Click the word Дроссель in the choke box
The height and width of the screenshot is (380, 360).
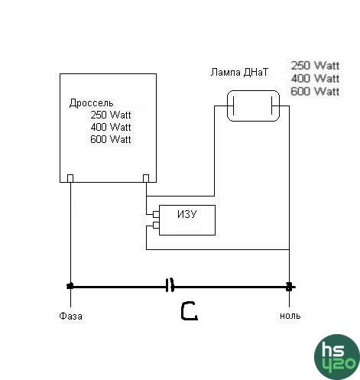pos(91,103)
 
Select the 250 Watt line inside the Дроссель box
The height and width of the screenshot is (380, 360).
pos(111,115)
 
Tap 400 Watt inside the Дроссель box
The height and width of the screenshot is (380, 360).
pos(111,127)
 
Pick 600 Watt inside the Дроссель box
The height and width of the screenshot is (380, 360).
pos(111,139)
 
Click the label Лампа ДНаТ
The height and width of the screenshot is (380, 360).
pos(239,72)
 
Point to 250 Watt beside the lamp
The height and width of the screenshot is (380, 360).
pos(315,66)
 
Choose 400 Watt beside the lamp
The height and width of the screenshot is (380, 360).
pos(315,79)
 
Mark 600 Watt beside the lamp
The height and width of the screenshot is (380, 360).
pos(315,91)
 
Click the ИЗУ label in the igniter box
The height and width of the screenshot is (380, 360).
pos(187,214)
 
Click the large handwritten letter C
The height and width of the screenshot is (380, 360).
pos(189,310)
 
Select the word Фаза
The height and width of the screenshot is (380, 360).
pos(70,317)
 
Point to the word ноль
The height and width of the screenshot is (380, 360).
pos(290,316)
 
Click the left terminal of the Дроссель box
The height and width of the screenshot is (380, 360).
pos(70,178)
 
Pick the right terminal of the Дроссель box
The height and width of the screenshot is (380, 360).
pos(146,178)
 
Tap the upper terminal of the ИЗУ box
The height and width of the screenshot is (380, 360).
pos(156,214)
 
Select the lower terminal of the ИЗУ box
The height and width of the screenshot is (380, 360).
pos(156,225)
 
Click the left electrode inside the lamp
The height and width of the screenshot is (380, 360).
pos(233,106)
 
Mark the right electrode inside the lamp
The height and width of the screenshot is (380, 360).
pos(272,106)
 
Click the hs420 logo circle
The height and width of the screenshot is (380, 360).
pos(337,357)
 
